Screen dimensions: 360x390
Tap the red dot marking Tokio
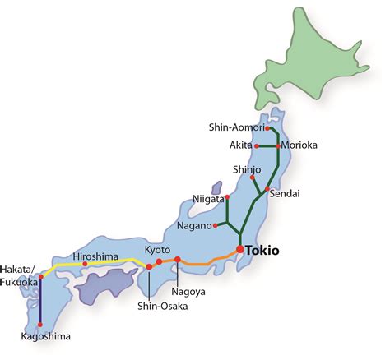(x=239, y=249)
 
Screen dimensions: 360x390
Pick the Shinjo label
(x=247, y=169)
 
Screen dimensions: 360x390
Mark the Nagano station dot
(x=215, y=224)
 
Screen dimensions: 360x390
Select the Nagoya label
(x=188, y=291)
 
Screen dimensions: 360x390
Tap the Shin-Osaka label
(x=151, y=307)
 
